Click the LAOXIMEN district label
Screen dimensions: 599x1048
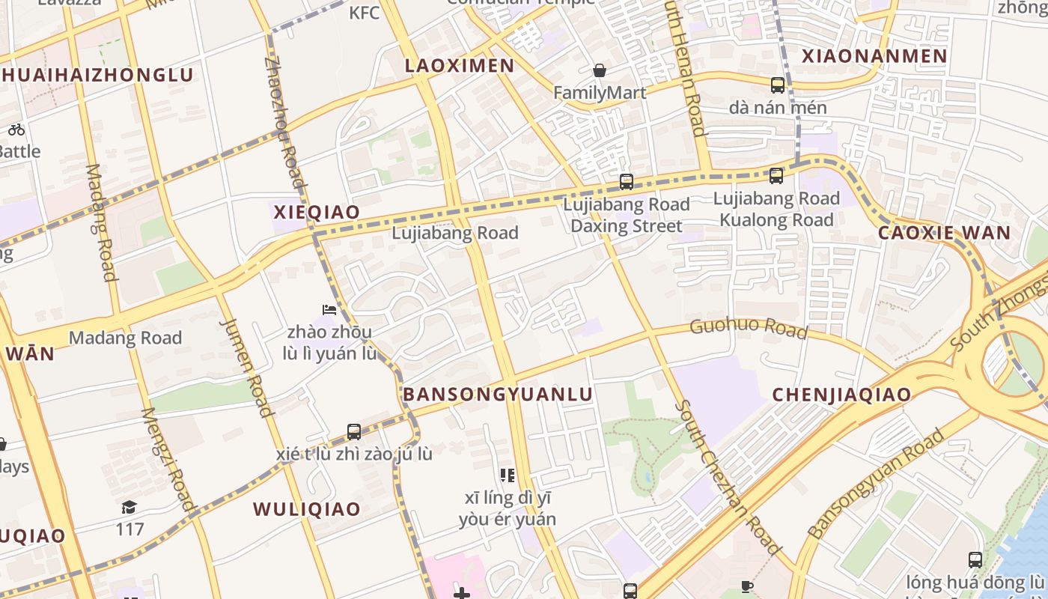tap(460, 66)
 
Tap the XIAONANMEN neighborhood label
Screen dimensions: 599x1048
tap(874, 56)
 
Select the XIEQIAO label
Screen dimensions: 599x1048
tap(317, 212)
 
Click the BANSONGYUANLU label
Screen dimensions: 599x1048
tap(498, 395)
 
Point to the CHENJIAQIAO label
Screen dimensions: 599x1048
tap(841, 395)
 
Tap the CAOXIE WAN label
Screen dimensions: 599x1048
tap(944, 232)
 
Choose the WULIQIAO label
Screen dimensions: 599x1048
tap(307, 509)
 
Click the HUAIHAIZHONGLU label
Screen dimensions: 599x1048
tap(97, 75)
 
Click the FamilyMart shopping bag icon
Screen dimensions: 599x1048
tap(600, 71)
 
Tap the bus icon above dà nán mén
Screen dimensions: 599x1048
tap(778, 85)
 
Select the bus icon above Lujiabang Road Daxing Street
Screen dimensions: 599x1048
tap(627, 182)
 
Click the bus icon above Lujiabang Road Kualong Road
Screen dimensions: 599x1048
tap(776, 176)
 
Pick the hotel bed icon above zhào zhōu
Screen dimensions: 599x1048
tap(329, 309)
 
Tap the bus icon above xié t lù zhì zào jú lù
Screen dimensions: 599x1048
tap(354, 432)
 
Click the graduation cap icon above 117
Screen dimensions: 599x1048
tap(129, 508)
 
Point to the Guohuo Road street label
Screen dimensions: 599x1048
tap(749, 328)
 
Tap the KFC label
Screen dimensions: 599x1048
tap(365, 12)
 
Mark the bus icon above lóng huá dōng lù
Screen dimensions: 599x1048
tap(975, 559)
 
